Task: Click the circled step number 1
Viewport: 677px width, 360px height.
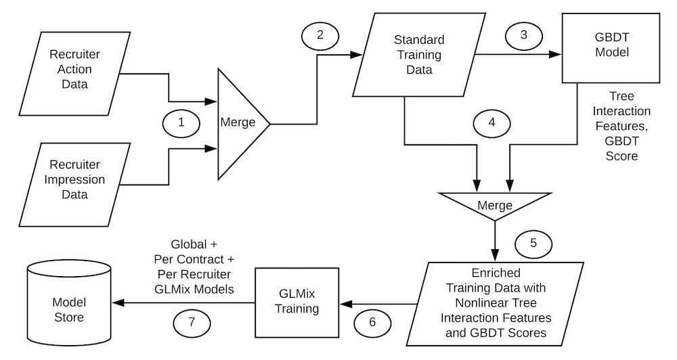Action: click(181, 123)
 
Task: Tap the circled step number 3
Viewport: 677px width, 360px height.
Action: click(522, 36)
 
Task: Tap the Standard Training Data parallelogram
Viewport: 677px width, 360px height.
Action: click(408, 55)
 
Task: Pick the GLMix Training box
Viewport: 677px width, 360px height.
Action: click(301, 302)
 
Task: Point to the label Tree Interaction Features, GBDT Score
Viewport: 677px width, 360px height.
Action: click(621, 126)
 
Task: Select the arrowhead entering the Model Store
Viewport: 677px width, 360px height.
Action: click(116, 302)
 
